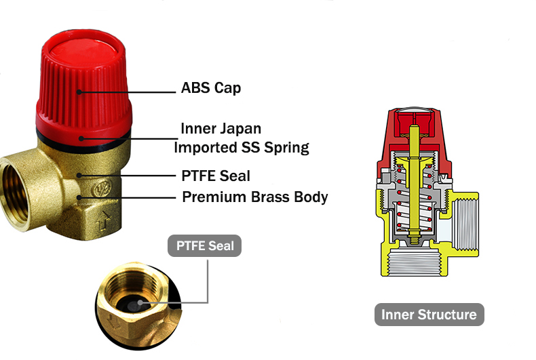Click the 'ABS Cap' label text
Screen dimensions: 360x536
210,88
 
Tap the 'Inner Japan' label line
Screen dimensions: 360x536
221,128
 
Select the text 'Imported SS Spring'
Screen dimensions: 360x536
242,147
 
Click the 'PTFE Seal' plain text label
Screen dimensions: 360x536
216,176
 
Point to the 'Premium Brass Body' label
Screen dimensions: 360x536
254,197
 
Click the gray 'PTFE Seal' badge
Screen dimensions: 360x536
204,245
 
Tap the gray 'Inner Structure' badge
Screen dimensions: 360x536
429,315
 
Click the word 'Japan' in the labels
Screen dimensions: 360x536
240,128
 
